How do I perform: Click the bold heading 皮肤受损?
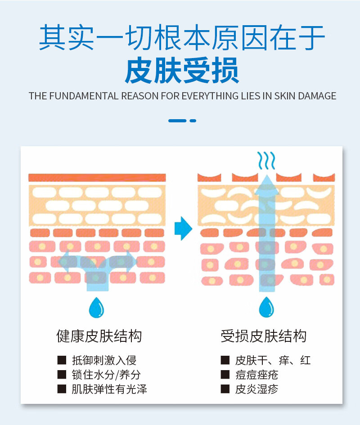182,71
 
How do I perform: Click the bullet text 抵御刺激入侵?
104,360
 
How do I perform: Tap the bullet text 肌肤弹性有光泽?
109,389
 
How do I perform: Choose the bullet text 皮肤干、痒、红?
273,360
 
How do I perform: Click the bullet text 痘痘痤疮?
256,375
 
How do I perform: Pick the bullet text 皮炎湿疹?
256,389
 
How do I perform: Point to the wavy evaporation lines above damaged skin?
266,160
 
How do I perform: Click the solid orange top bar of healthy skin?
97,178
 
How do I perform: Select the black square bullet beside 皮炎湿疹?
225,389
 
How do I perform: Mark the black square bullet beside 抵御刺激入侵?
62,360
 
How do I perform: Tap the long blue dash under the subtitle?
177,121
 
